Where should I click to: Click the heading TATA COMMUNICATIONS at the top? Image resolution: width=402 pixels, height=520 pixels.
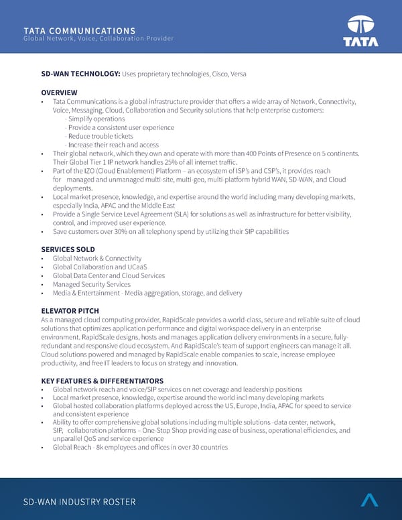[79, 31]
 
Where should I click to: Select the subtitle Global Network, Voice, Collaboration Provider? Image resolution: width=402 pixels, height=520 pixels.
[98, 39]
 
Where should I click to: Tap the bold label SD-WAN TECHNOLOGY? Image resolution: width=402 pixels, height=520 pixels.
[80, 73]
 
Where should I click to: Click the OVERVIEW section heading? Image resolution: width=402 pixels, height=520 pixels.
[59, 92]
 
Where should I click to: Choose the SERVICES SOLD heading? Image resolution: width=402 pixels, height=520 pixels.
[68, 249]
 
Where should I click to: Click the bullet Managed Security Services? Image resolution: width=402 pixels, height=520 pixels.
[91, 284]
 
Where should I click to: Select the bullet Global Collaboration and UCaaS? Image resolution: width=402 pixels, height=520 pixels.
[99, 267]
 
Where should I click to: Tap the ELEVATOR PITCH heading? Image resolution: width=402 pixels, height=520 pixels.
[70, 311]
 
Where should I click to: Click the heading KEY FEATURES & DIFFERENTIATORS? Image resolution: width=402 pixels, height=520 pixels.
[102, 381]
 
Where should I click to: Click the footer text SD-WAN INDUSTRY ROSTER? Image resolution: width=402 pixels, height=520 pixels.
[79, 502]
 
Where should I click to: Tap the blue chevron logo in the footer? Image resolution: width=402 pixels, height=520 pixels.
[369, 500]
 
